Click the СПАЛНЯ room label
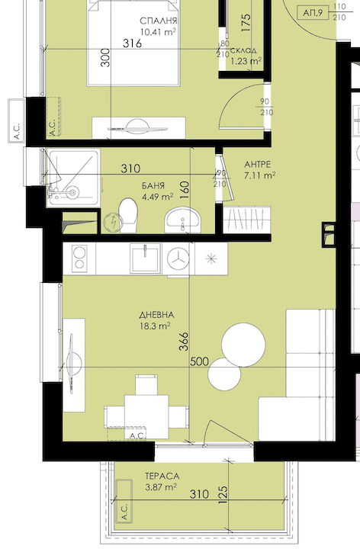coord(159,21)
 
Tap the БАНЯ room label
coord(153,185)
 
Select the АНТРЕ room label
coord(257,164)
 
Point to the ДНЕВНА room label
coord(156,315)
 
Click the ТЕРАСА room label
coord(162,476)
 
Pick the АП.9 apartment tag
coord(313,13)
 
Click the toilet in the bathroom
coord(128,215)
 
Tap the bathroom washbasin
coord(182,220)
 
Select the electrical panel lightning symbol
coord(114,223)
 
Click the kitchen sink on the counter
coord(146,258)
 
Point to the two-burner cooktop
coord(79,258)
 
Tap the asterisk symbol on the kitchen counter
coord(211,258)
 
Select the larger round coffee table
coord(243,345)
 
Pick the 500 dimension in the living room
coord(199,361)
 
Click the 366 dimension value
coord(184,342)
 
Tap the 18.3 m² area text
coord(155,326)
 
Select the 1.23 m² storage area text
coord(246,61)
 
